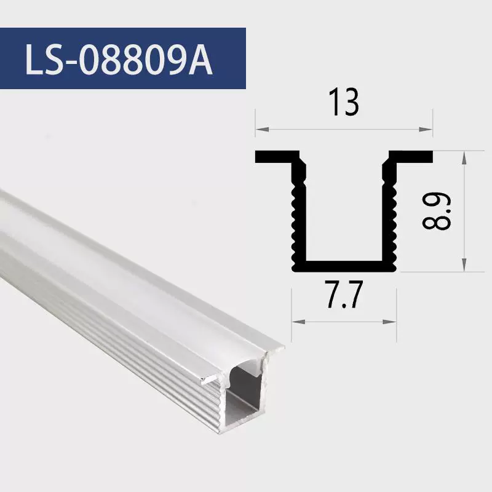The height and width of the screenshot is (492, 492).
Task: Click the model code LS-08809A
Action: point(119,59)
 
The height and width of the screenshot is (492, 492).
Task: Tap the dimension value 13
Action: point(344,103)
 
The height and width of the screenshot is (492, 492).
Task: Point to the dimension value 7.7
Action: point(344,295)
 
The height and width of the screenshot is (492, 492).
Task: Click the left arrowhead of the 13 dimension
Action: point(263,129)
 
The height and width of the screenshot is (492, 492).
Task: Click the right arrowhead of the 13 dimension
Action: point(426,129)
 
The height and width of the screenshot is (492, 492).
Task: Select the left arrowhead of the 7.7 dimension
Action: point(299,322)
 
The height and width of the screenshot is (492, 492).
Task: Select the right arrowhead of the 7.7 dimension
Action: point(390,322)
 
